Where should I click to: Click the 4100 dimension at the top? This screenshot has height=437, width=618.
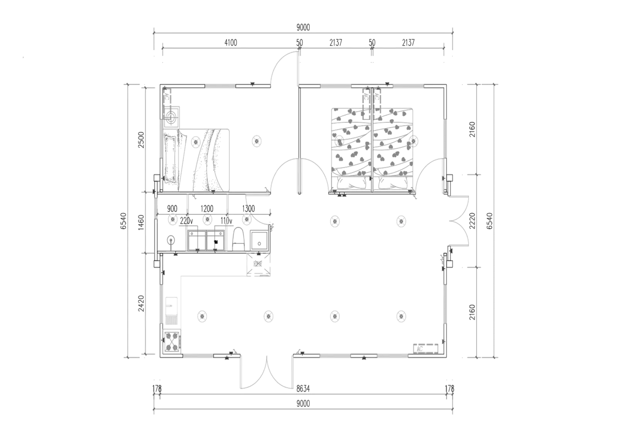tap(231, 43)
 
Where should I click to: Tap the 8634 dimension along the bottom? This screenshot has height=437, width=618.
tap(303, 389)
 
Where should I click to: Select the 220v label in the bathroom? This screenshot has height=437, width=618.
tap(186, 221)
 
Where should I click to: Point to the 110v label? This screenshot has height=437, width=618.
tap(226, 221)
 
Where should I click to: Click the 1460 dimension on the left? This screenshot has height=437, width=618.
tap(141, 223)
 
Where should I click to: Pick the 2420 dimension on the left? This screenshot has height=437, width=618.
tap(141, 303)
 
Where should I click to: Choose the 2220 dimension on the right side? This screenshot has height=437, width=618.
tap(472, 221)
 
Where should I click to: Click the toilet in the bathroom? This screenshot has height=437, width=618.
tap(239, 239)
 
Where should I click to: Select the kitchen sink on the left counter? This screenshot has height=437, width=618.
tap(171, 310)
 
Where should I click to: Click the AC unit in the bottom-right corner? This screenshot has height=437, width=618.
tap(426, 349)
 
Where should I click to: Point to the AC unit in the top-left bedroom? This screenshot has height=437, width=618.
tap(167, 97)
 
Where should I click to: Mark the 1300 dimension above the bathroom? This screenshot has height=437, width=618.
tap(248, 209)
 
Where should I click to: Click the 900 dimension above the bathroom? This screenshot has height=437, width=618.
tap(172, 209)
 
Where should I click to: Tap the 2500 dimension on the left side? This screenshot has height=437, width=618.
tap(141, 140)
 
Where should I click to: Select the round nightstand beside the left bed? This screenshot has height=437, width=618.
tap(171, 117)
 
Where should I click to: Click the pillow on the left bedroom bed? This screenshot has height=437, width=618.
tap(170, 158)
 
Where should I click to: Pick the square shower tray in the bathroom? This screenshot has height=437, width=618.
tap(259, 241)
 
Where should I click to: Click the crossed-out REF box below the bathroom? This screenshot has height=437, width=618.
tap(258, 264)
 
